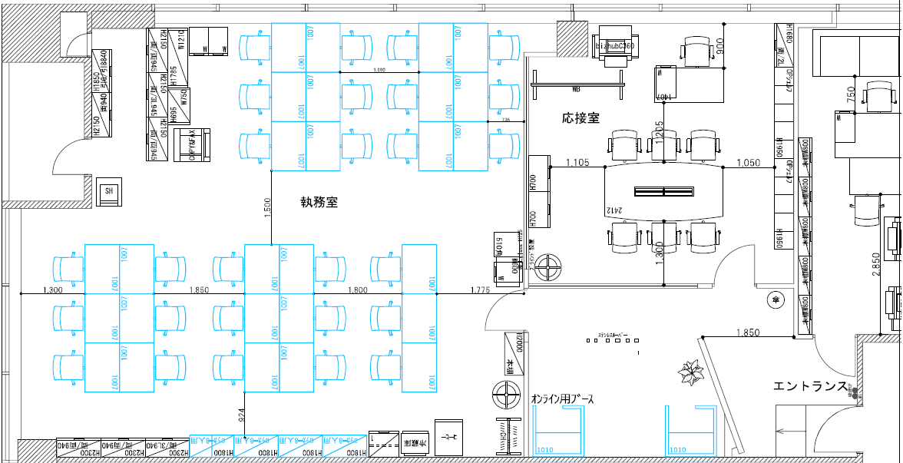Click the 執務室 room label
pyautogui.click(x=319, y=203)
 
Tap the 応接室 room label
pyautogui.click(x=580, y=118)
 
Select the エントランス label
pyautogui.click(x=811, y=385)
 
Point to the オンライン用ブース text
pyautogui.click(x=562, y=399)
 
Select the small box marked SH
pyautogui.click(x=109, y=191)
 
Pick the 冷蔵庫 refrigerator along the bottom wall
pyautogui.click(x=415, y=443)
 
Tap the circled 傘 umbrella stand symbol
pyautogui.click(x=776, y=299)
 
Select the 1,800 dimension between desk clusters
pyautogui.click(x=358, y=289)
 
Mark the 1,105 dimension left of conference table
pyautogui.click(x=577, y=162)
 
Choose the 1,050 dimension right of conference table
pyautogui.click(x=748, y=162)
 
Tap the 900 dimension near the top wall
pyautogui.click(x=719, y=47)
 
